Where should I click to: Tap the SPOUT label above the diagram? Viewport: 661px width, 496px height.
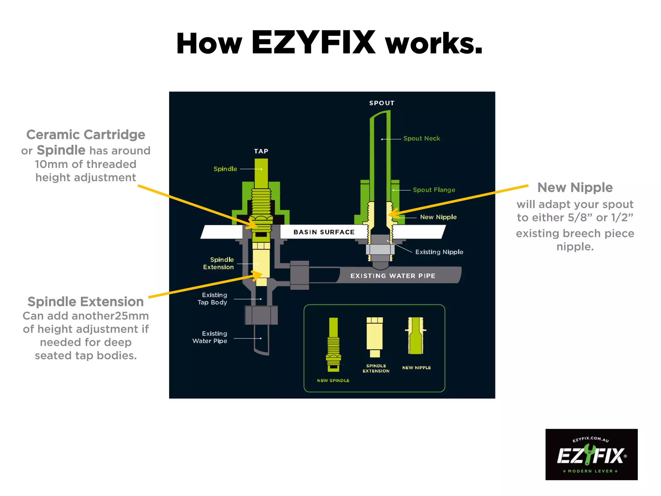[382, 103]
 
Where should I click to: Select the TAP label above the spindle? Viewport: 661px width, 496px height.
[261, 151]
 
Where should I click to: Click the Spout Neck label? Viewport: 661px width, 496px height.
[422, 139]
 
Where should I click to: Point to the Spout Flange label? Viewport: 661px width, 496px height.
[434, 190]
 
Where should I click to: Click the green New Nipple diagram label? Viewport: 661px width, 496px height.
[438, 217]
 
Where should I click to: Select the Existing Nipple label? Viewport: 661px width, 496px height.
[439, 252]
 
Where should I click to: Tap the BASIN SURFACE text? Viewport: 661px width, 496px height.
[324, 232]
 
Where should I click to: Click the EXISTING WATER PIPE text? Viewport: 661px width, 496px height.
[393, 276]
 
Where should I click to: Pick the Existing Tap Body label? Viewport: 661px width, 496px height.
[213, 299]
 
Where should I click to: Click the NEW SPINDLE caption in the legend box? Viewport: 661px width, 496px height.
[333, 380]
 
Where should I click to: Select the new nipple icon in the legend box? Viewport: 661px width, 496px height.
[416, 336]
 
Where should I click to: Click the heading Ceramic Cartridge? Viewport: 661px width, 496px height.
[86, 135]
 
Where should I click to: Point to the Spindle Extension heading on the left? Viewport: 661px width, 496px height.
[86, 302]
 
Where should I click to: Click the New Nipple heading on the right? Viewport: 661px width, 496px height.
[575, 188]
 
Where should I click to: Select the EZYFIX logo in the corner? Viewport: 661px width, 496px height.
[591, 454]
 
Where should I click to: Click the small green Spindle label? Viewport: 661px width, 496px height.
[225, 169]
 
